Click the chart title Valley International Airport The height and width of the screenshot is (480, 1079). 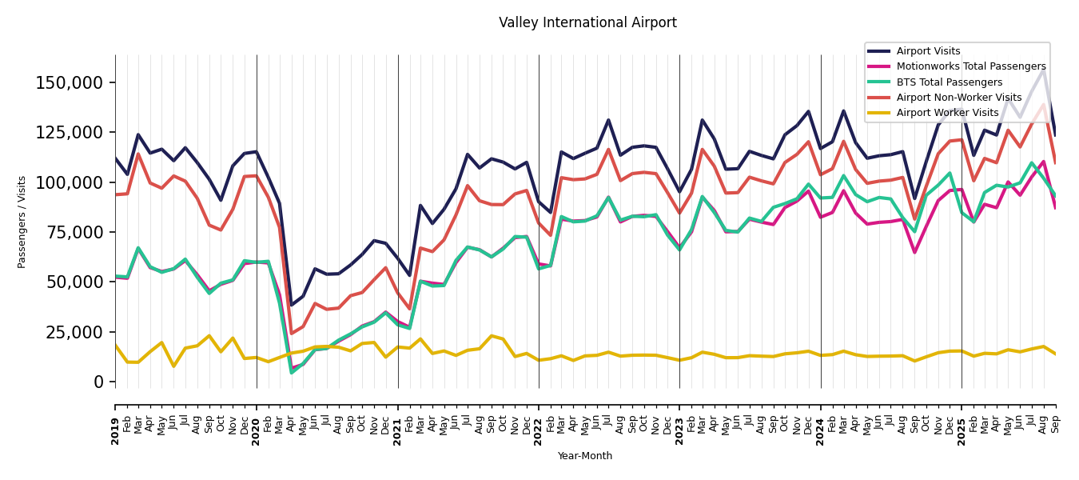[587, 22]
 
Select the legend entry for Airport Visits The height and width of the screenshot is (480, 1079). [928, 51]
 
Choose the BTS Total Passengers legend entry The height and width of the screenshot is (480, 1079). [949, 82]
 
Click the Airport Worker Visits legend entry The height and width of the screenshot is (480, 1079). [947, 113]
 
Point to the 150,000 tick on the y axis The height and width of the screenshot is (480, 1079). [70, 82]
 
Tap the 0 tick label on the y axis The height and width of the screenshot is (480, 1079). [98, 382]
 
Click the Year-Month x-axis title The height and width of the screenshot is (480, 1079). [585, 456]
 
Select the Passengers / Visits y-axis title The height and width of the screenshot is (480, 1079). [22, 222]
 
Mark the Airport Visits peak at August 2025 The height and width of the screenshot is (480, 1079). [1044, 69]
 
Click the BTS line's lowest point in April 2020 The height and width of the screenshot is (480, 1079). [291, 372]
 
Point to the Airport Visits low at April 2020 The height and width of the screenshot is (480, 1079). [291, 305]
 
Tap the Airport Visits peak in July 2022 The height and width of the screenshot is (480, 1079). [608, 120]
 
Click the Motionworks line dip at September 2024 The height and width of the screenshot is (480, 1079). [915, 252]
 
